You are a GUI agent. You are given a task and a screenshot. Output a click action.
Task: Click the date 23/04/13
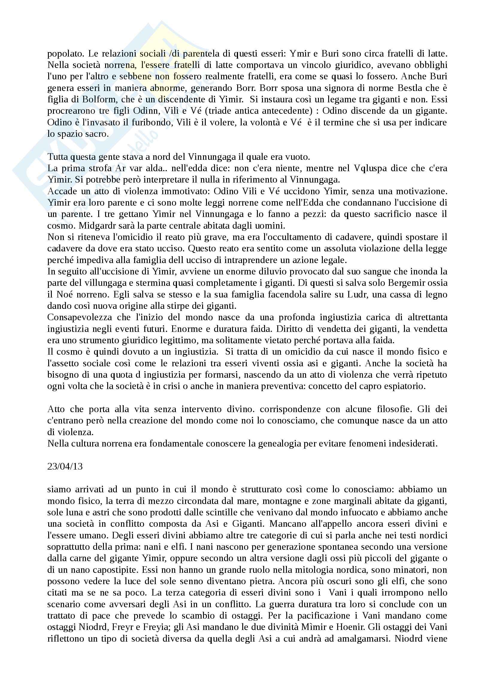click(65, 467)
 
